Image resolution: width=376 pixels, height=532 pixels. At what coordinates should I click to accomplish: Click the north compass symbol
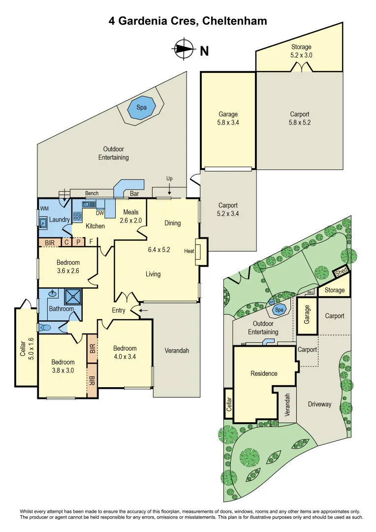[184, 49]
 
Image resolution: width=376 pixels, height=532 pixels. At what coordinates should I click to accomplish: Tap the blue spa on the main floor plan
[142, 108]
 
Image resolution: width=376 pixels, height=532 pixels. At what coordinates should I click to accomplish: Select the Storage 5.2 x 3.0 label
[301, 51]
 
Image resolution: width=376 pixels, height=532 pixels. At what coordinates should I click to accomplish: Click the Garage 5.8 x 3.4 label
[228, 119]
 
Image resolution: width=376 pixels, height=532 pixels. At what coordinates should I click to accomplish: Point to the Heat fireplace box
[201, 252]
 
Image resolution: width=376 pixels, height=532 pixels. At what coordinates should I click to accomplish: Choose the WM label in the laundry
[45, 209]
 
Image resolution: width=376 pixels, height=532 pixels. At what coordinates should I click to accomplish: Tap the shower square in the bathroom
[73, 298]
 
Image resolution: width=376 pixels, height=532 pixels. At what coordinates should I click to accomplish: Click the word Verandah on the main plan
[177, 351]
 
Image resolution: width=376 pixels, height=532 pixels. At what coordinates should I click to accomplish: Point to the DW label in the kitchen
[100, 213]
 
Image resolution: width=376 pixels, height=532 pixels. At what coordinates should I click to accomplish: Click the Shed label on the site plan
[341, 272]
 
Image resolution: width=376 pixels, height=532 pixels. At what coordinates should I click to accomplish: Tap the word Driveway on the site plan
[319, 404]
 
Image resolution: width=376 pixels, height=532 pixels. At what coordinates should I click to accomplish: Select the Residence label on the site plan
[264, 373]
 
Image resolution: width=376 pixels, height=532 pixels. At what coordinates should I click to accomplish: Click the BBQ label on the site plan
[310, 292]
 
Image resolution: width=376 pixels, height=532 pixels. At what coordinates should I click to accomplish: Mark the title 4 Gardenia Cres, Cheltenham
[188, 21]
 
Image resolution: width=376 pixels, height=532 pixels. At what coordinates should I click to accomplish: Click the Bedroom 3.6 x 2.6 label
[68, 266]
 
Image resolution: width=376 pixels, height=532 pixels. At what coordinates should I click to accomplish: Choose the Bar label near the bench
[134, 194]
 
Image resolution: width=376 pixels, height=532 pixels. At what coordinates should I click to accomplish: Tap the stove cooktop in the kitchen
[77, 215]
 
